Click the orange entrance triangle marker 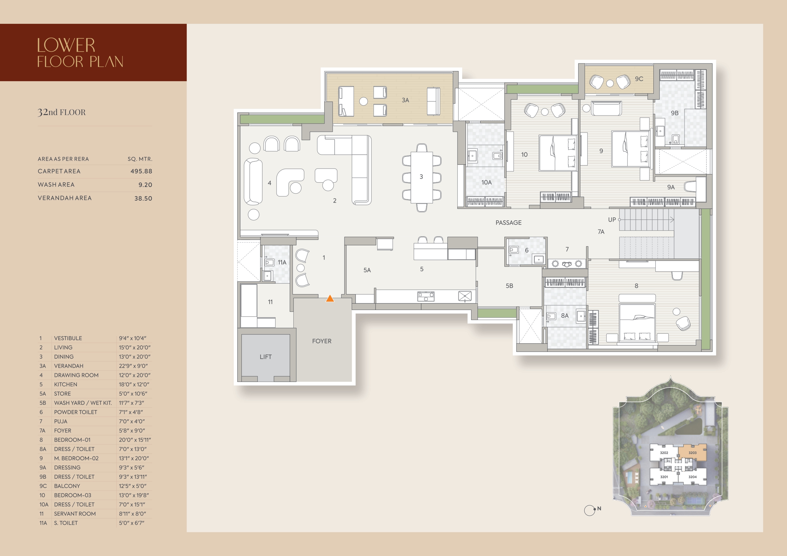click(330, 298)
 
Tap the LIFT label click(266, 357)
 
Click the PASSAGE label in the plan click(508, 223)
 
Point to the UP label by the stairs click(612, 220)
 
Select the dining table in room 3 click(422, 178)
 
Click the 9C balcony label click(639, 79)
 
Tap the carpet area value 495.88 click(141, 171)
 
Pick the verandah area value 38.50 click(143, 198)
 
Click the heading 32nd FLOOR click(62, 112)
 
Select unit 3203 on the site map click(692, 453)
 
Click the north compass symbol click(590, 510)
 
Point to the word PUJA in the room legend click(61, 421)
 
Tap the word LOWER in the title click(66, 45)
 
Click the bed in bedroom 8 click(637, 322)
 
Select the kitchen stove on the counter click(426, 296)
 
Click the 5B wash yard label click(509, 286)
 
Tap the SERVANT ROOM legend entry click(75, 514)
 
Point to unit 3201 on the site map click(664, 476)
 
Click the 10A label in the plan click(486, 182)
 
